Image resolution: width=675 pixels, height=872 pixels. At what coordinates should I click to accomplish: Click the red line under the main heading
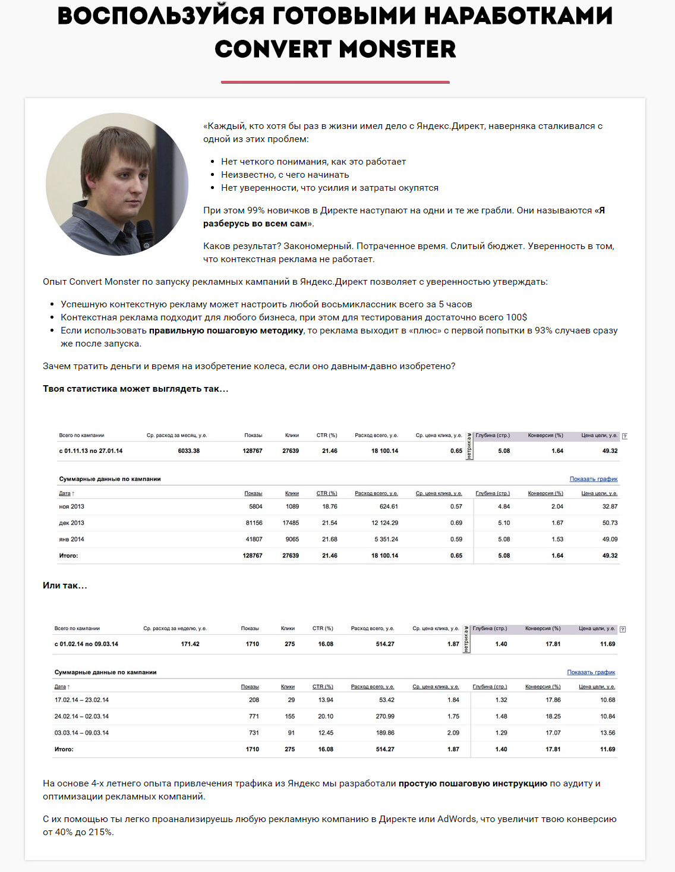pyautogui.click(x=335, y=82)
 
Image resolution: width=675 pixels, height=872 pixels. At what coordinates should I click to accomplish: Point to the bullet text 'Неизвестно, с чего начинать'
pyautogui.click(x=285, y=175)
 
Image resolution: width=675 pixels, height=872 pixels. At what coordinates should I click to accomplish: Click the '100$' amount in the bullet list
pyautogui.click(x=516, y=317)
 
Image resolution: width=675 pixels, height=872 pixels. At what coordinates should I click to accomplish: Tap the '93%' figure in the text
pyautogui.click(x=543, y=330)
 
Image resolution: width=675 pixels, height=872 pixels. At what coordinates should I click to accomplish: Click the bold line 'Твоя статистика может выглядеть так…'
pyautogui.click(x=135, y=389)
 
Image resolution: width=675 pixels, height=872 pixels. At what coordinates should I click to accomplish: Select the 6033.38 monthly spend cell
pyautogui.click(x=188, y=451)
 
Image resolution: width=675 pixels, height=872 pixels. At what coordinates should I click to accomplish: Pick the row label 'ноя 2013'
pyautogui.click(x=71, y=507)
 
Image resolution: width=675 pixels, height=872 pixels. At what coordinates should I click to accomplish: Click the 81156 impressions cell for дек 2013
pyautogui.click(x=254, y=523)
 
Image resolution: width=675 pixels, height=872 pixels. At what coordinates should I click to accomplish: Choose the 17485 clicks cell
pyautogui.click(x=291, y=523)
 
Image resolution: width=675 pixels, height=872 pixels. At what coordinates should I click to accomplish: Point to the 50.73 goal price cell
pyautogui.click(x=610, y=523)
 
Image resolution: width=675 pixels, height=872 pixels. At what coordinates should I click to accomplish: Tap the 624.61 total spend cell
pyautogui.click(x=389, y=507)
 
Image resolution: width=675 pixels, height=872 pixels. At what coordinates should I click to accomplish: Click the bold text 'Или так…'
pyautogui.click(x=65, y=585)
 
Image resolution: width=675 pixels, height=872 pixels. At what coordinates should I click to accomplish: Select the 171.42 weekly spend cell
pyautogui.click(x=190, y=644)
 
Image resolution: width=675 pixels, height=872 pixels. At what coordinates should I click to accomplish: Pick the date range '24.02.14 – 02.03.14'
pyautogui.click(x=81, y=717)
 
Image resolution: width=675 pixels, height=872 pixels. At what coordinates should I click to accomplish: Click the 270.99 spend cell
pyautogui.click(x=385, y=717)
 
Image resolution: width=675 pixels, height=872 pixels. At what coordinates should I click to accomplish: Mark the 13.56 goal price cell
pyautogui.click(x=607, y=733)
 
